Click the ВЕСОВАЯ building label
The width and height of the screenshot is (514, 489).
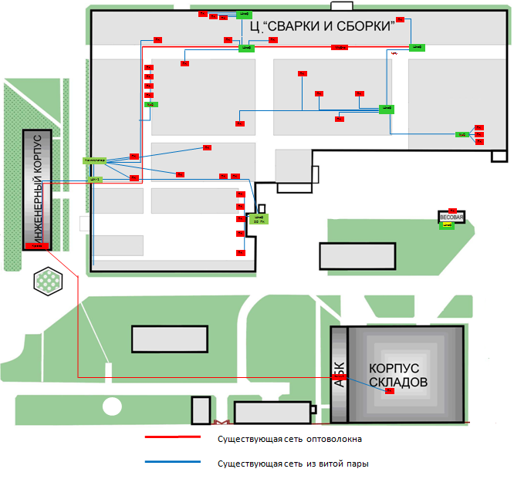(x=451, y=218)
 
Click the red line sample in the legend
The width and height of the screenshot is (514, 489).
(x=177, y=438)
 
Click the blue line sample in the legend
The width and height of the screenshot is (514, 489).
(x=177, y=464)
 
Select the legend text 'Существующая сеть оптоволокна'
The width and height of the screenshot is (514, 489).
(x=290, y=439)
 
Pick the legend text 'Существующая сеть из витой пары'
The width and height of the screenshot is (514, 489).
(x=293, y=464)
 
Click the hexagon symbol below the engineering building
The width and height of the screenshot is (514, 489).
(x=48, y=281)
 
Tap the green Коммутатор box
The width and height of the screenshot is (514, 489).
(x=94, y=160)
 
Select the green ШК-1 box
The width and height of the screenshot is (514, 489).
(x=96, y=179)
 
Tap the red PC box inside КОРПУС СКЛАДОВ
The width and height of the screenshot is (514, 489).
(x=390, y=391)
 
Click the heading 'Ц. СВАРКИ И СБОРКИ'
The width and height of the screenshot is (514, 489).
(x=323, y=26)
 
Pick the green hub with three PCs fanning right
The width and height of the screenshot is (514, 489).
(x=462, y=135)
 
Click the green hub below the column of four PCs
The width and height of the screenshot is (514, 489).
(x=151, y=103)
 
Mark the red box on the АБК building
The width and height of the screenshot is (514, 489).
(x=338, y=376)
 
